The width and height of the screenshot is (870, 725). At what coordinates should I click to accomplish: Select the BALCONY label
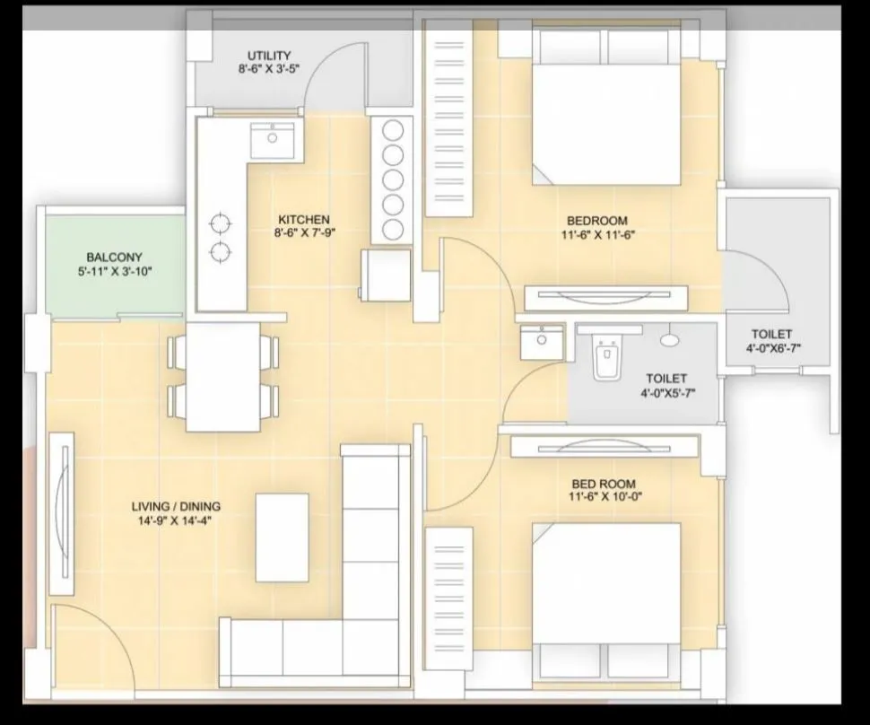click(x=114, y=258)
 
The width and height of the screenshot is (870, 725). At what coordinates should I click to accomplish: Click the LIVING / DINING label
click(x=176, y=506)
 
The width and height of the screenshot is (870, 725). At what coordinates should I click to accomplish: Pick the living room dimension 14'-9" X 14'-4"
click(x=176, y=520)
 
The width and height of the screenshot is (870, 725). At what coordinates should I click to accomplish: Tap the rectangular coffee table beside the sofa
click(x=282, y=537)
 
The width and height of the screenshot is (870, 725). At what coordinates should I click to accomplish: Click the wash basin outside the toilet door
click(x=542, y=343)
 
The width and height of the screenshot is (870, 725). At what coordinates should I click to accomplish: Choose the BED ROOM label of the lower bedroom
click(x=602, y=484)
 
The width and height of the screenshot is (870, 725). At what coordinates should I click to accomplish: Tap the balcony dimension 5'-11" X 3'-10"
click(x=114, y=271)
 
